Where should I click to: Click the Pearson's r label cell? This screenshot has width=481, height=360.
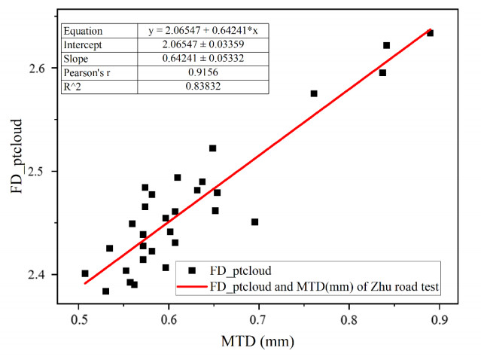click(90, 74)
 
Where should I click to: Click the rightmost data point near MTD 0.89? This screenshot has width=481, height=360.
click(430, 33)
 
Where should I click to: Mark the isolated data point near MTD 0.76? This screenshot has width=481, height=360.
click(314, 93)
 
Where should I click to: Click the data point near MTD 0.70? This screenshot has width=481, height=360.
click(254, 221)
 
